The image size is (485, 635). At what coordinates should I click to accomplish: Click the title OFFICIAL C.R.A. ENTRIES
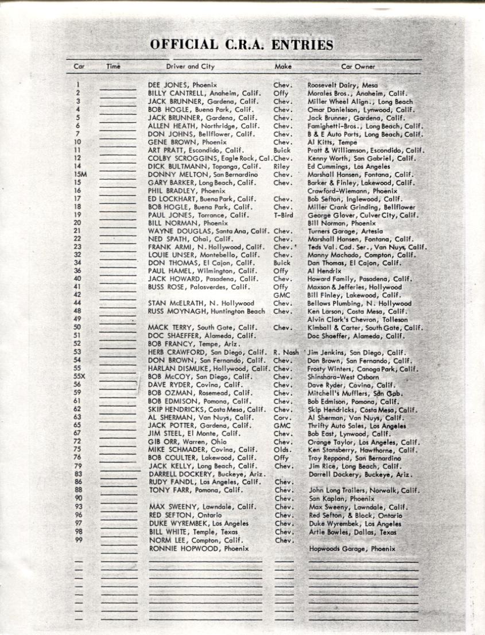coord(242,45)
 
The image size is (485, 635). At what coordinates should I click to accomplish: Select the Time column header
coord(114,67)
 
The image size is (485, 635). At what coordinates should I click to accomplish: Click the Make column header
coord(283,67)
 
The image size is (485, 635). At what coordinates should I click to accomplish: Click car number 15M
coord(80,175)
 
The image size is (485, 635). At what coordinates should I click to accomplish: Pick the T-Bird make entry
coord(283,215)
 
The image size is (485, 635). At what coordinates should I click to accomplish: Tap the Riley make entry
coord(281,167)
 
